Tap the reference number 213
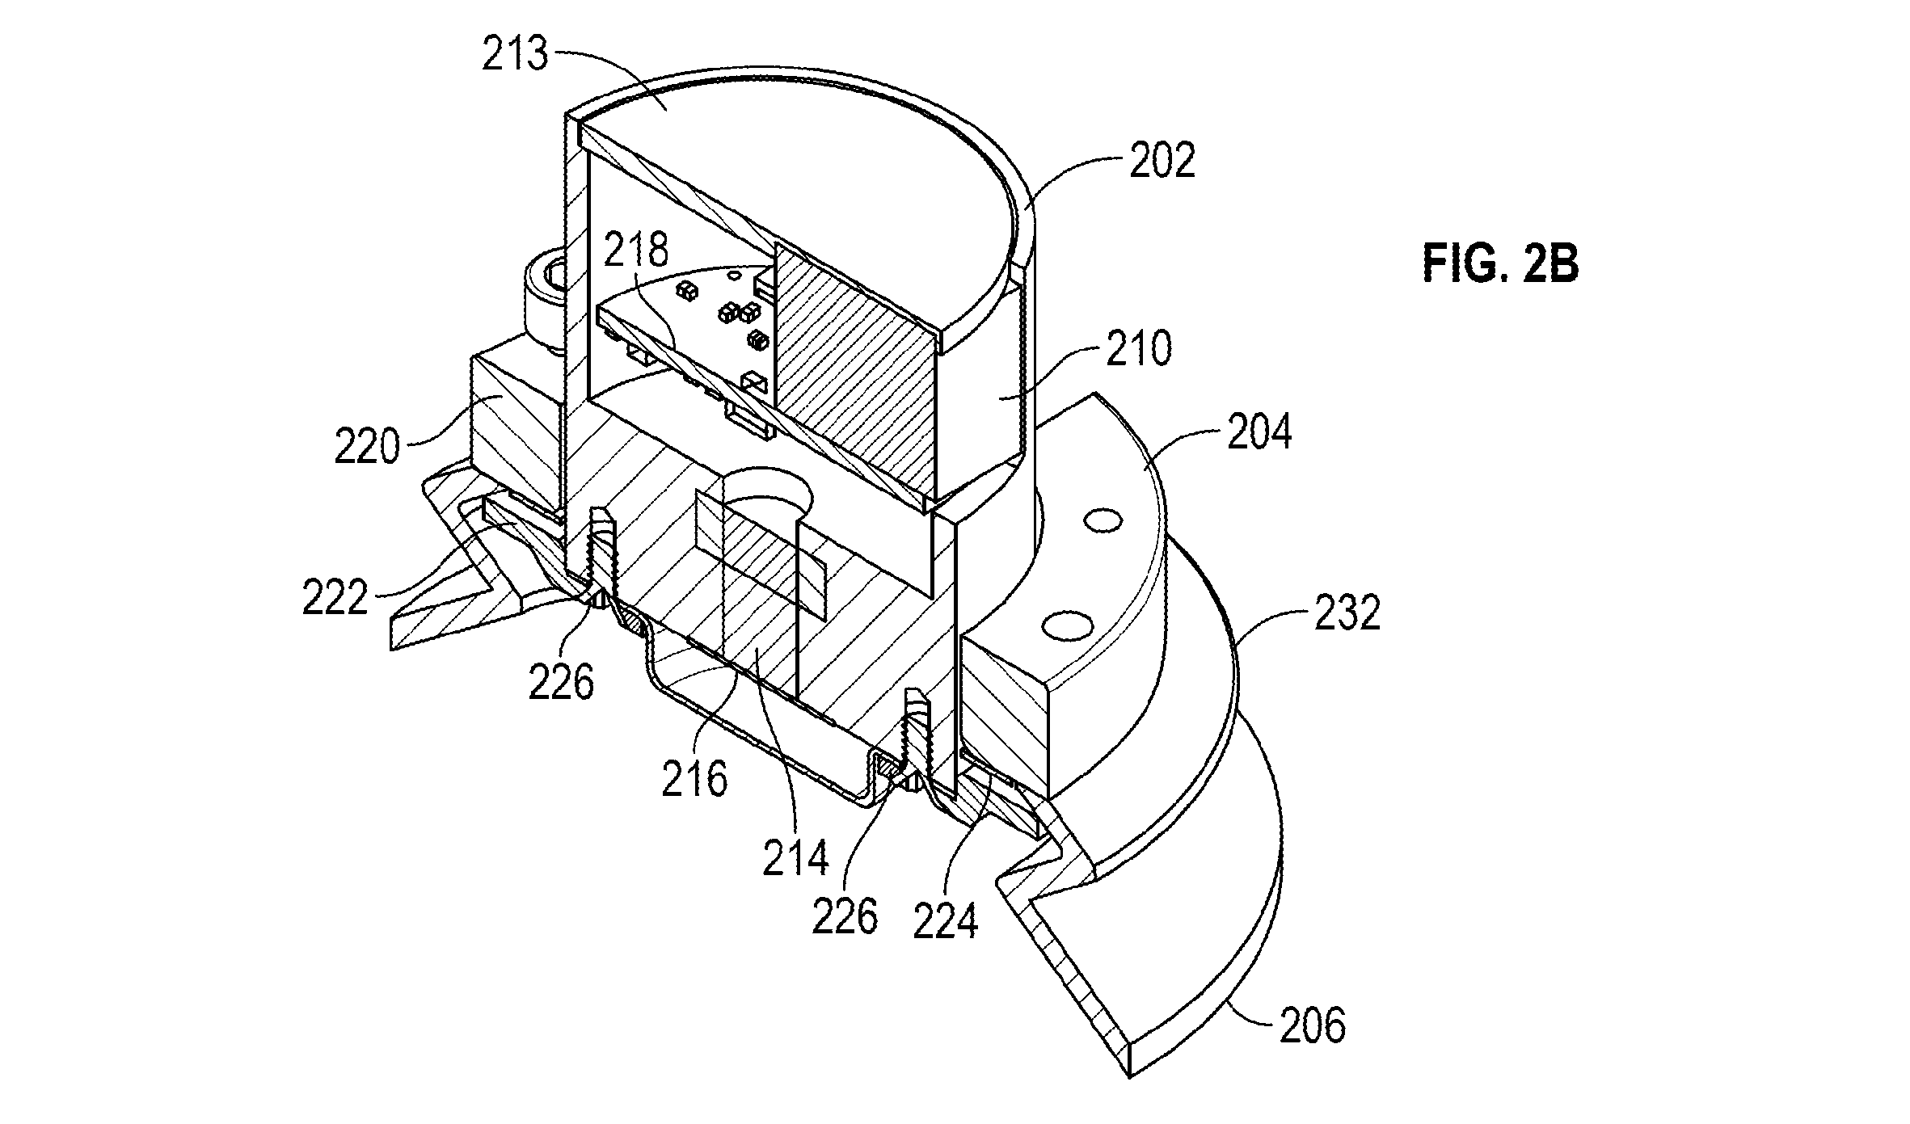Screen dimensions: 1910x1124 pos(515,55)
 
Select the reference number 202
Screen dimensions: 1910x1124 pos(1162,162)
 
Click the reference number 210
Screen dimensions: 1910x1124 pos(1137,350)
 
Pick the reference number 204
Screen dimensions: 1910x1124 pos(1259,433)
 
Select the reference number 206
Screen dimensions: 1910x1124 pos(1313,1025)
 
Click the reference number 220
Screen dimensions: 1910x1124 pos(368,446)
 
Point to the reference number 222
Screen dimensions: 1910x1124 pos(335,599)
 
